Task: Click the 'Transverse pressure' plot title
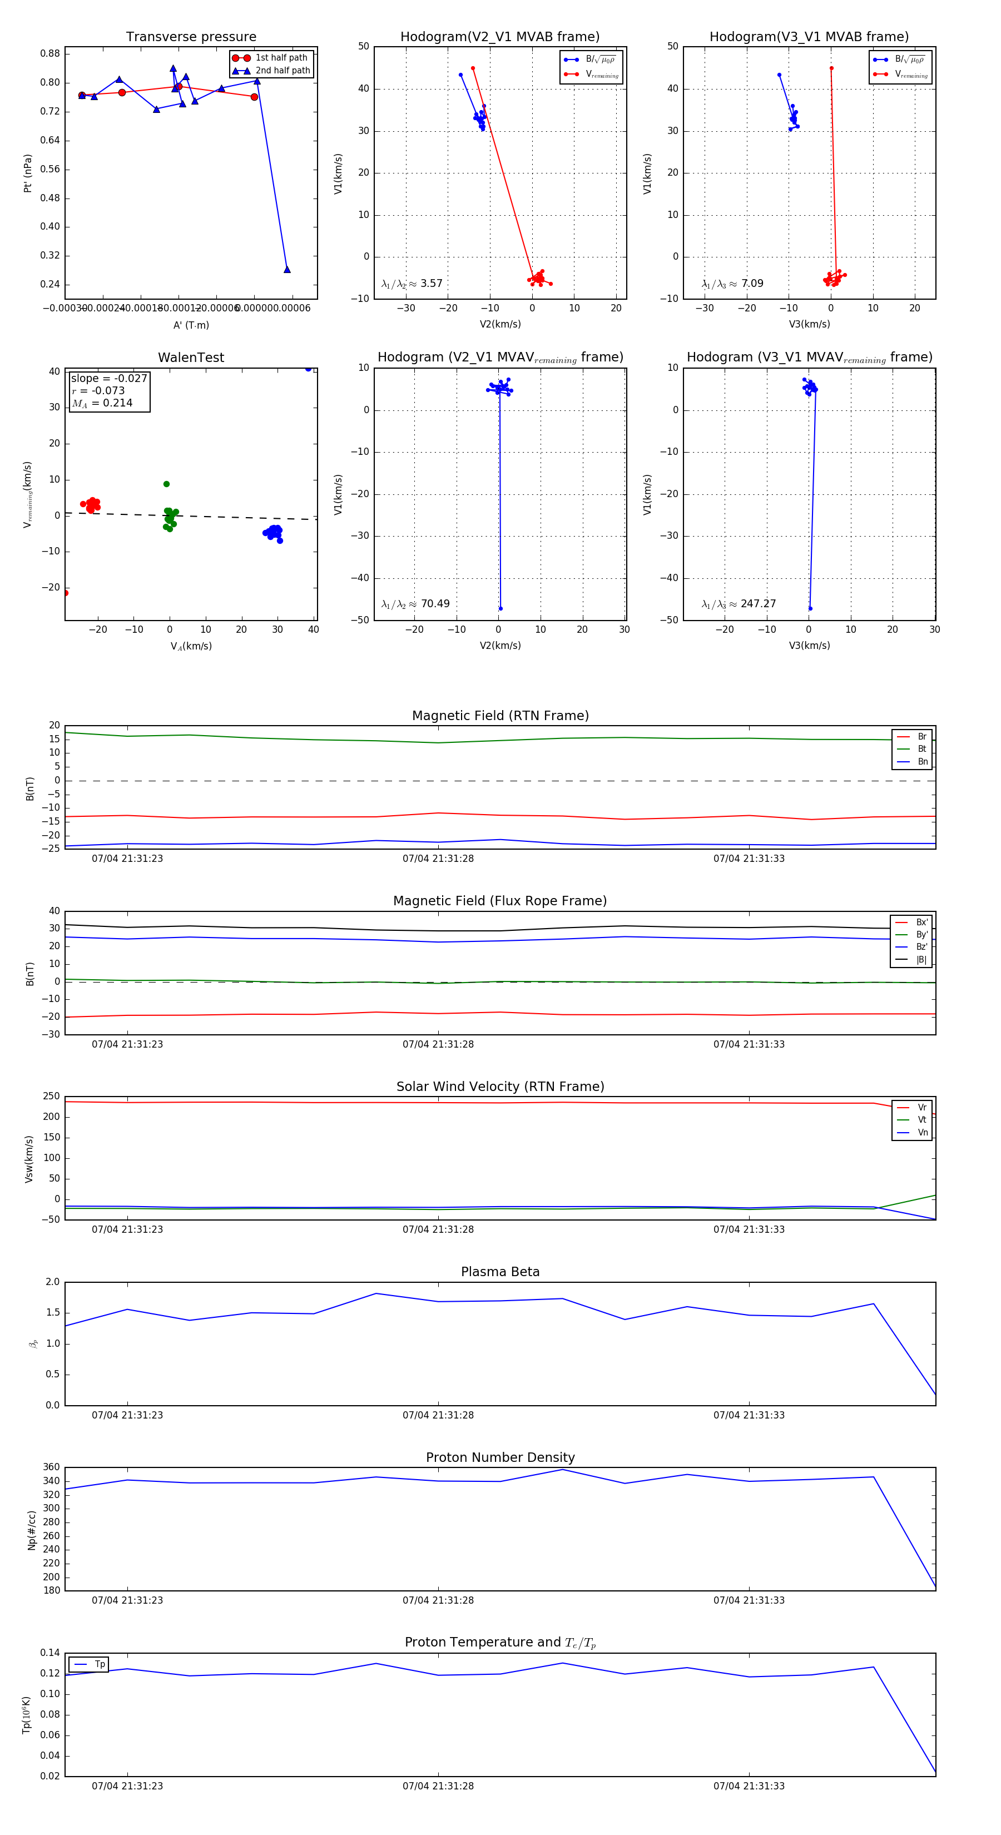click(191, 37)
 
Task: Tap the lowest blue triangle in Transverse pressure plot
click(287, 269)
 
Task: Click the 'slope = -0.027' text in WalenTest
click(109, 378)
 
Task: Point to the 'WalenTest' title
click(191, 358)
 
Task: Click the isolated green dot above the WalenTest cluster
click(167, 484)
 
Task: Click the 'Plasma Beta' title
click(500, 1272)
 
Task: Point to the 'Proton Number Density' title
click(500, 1457)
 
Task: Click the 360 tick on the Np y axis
click(51, 1467)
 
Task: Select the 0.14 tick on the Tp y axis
click(50, 1653)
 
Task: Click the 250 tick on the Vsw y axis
click(51, 1097)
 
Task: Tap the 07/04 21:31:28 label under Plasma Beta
click(438, 1415)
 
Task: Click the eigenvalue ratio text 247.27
click(758, 603)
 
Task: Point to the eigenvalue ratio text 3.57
click(431, 284)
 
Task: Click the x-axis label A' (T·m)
click(191, 325)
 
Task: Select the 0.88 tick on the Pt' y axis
click(50, 53)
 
